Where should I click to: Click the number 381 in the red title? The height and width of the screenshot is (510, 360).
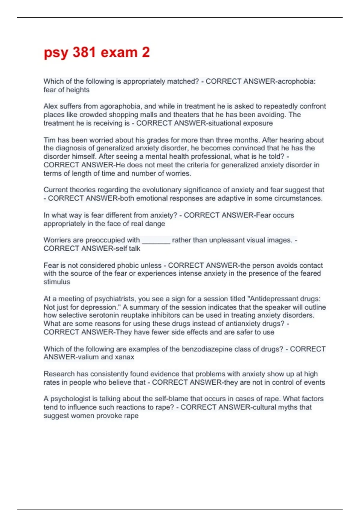point(84,52)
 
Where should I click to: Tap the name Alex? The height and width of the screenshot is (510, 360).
point(50,106)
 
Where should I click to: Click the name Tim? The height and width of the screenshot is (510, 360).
point(49,140)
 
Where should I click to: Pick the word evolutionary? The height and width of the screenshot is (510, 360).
point(162,190)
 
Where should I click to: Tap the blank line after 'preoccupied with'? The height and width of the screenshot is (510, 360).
point(156,240)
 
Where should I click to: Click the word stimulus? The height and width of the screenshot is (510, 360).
point(57,282)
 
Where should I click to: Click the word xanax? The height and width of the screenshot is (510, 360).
point(124,357)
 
